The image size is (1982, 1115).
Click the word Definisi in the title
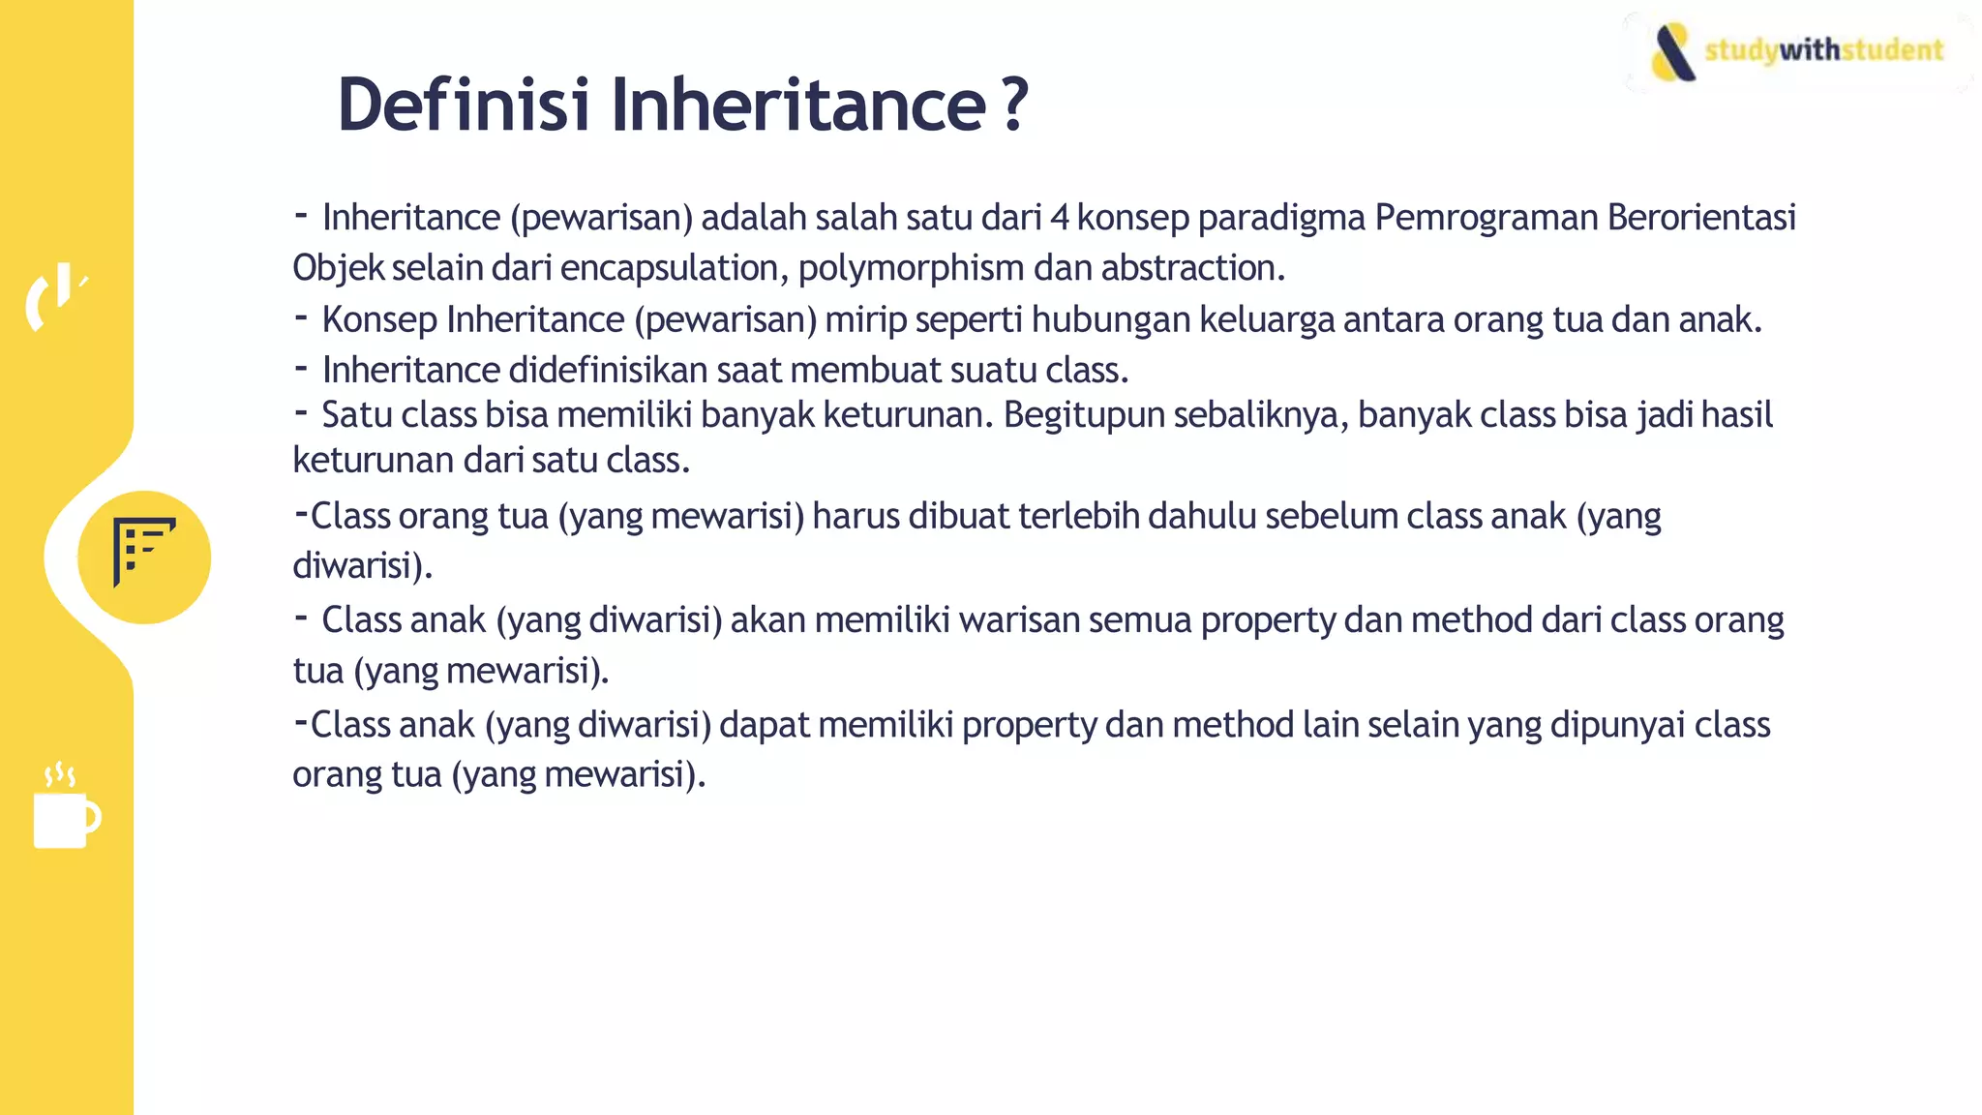tap(463, 105)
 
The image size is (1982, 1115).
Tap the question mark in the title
tap(1014, 105)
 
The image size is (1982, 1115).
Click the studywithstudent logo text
tap(1823, 49)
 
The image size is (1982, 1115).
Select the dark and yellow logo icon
tap(1673, 52)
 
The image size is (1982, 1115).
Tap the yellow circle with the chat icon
tap(144, 557)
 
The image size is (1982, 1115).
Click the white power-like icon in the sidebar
tap(56, 295)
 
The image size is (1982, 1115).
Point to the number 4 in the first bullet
tap(1060, 218)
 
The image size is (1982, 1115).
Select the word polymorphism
tap(911, 268)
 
